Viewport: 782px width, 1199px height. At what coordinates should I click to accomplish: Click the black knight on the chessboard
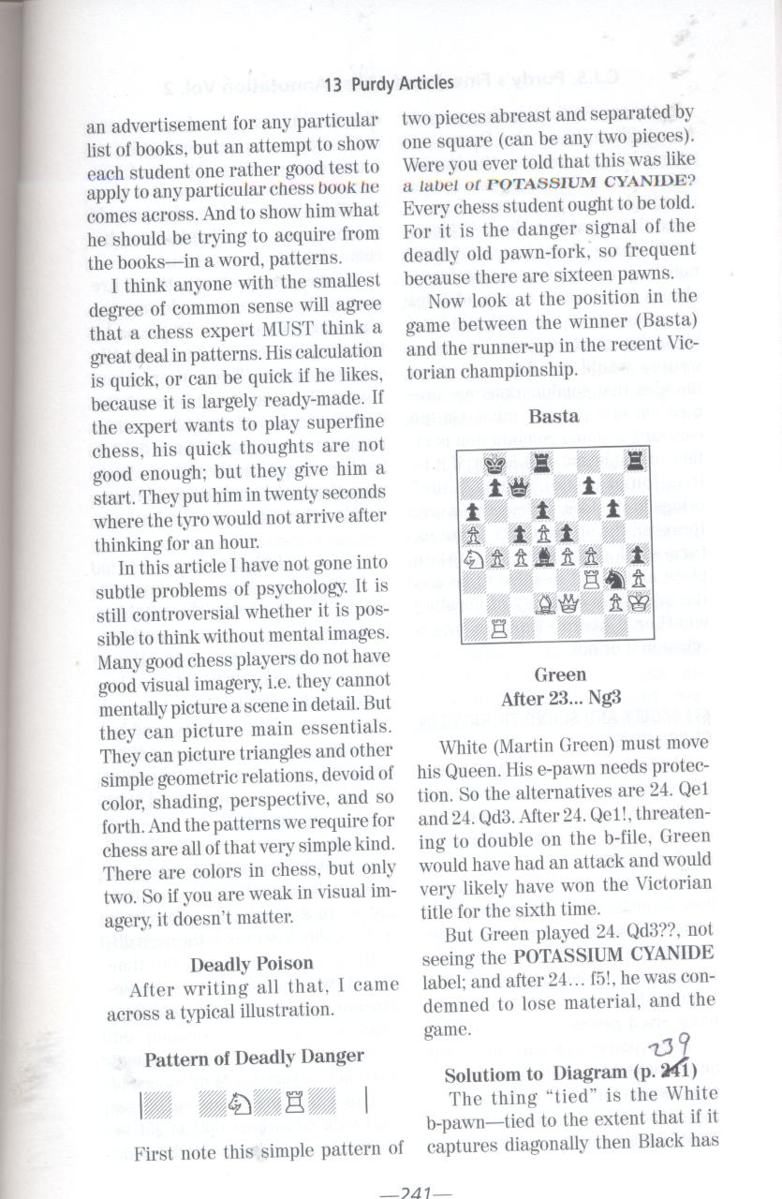613,580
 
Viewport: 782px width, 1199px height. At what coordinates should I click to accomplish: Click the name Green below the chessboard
559,674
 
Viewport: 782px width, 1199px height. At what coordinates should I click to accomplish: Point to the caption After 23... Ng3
560,699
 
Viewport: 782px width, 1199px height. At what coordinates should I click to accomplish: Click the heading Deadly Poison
251,964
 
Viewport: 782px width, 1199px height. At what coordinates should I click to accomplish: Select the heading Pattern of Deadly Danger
254,1057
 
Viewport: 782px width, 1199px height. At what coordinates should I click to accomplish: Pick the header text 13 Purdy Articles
389,83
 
